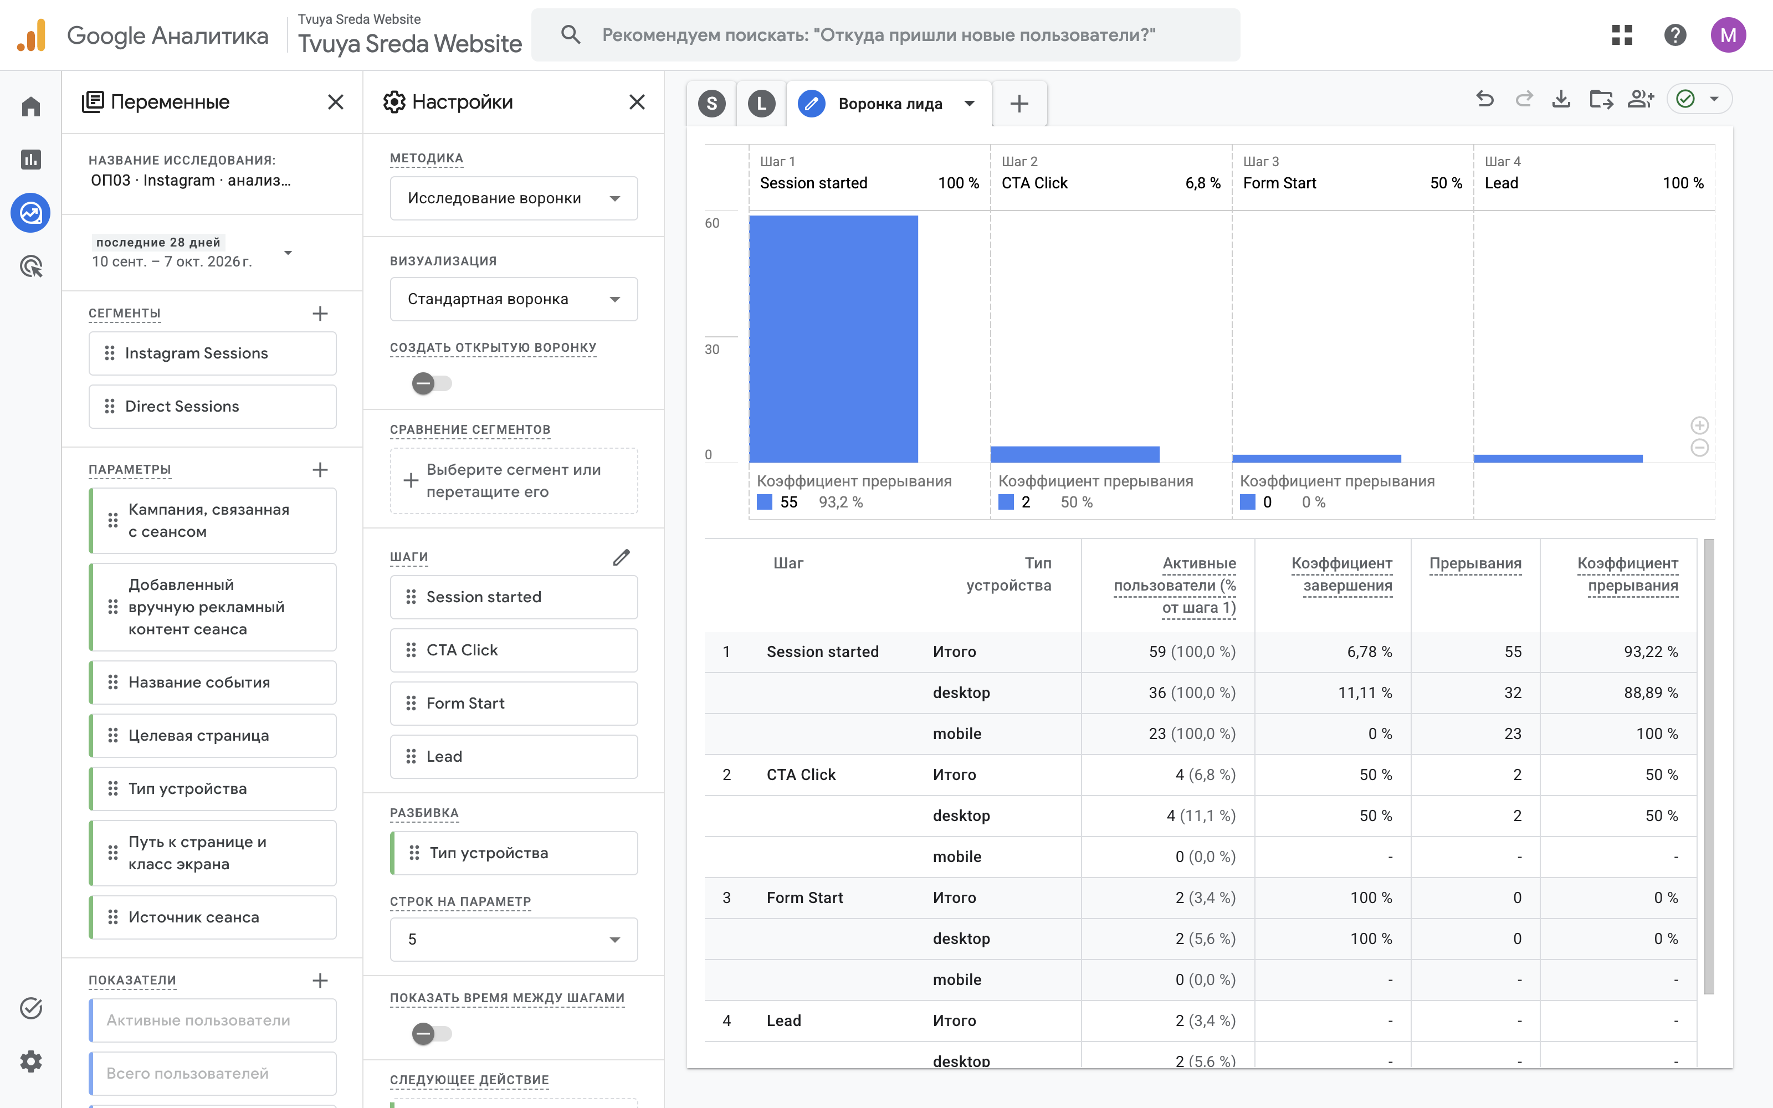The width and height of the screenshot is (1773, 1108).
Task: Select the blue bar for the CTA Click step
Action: [x=1075, y=454]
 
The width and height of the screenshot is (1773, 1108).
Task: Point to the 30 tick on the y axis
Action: [x=712, y=350]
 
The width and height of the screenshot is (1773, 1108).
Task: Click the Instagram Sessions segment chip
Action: [x=212, y=353]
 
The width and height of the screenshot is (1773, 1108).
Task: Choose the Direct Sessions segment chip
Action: [x=212, y=407]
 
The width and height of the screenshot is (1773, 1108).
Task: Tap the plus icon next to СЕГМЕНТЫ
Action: [x=320, y=314]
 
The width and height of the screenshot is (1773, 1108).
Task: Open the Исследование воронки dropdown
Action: [x=514, y=198]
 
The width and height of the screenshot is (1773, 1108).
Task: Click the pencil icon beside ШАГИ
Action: [x=621, y=558]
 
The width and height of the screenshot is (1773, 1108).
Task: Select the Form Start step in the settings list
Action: [x=514, y=704]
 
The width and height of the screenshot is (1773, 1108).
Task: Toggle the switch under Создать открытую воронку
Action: [x=432, y=383]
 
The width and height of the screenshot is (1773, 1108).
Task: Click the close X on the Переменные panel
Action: [x=336, y=102]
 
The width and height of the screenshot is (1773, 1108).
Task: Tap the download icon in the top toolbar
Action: [x=1561, y=99]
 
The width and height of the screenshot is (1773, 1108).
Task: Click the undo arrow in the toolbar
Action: [x=1485, y=99]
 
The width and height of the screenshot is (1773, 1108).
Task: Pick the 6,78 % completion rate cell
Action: [x=1369, y=652]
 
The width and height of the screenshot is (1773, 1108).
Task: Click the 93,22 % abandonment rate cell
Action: [x=1651, y=652]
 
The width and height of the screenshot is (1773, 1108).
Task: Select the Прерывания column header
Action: [x=1475, y=563]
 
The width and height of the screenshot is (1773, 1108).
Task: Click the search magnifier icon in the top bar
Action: [x=571, y=34]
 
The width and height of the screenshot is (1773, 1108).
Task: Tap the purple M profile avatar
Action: [x=1728, y=34]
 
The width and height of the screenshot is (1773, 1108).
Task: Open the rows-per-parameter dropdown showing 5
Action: [x=514, y=940]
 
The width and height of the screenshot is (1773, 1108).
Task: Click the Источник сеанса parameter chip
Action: [x=212, y=917]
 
